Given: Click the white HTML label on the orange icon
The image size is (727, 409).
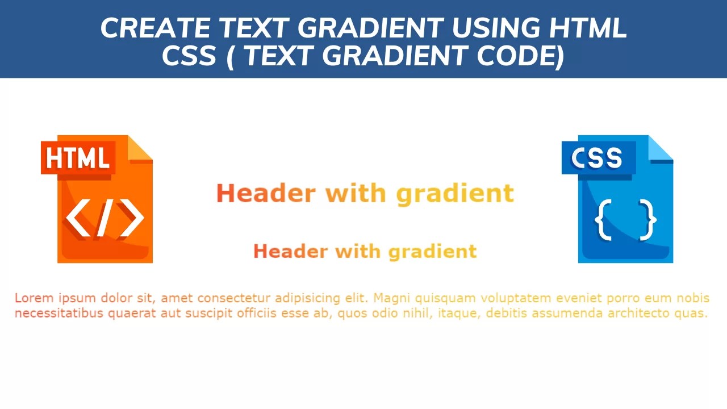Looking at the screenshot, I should tap(78, 158).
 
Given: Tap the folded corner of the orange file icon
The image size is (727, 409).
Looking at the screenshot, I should tap(140, 148).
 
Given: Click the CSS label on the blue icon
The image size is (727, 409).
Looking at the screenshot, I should tap(597, 158).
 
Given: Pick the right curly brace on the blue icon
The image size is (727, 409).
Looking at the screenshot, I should tap(648, 219).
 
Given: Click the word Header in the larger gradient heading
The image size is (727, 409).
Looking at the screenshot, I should tap(265, 193).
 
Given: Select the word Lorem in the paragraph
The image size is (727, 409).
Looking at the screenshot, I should tap(32, 298).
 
